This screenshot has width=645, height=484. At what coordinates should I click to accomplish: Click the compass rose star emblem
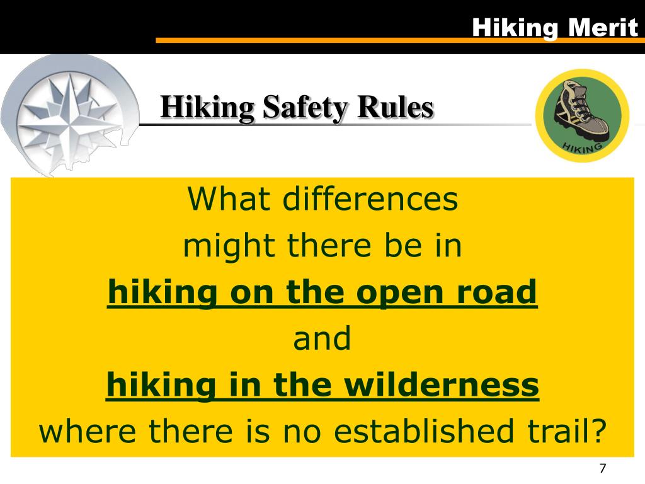(67, 113)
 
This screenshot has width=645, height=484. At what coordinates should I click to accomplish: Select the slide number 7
(602, 468)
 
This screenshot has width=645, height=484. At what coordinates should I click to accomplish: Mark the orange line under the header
(397, 40)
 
